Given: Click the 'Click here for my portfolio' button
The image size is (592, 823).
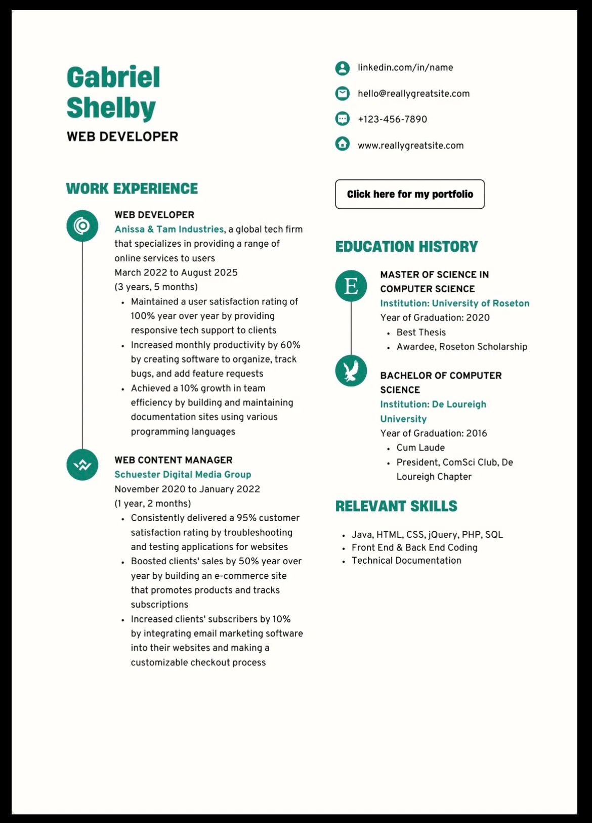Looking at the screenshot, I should [x=409, y=194].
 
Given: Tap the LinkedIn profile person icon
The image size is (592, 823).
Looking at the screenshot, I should [x=343, y=68].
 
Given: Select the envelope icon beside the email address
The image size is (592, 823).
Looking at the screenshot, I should [x=343, y=94].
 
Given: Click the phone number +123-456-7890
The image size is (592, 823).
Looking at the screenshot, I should [x=392, y=119].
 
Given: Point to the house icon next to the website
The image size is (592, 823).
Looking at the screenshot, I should [x=343, y=144].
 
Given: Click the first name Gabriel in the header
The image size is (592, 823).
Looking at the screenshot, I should [x=113, y=77].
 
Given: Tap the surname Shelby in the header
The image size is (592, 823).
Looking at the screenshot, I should [x=111, y=108].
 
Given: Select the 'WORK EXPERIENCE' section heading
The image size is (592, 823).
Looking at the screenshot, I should [x=132, y=189].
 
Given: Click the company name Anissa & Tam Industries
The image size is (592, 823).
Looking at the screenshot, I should [x=169, y=229].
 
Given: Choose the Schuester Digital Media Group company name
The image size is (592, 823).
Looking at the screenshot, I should [x=183, y=474].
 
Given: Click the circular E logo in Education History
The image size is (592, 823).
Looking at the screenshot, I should [x=351, y=286].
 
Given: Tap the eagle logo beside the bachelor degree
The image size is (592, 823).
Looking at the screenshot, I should [x=351, y=371].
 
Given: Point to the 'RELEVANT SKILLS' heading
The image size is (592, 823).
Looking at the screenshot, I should [x=396, y=506].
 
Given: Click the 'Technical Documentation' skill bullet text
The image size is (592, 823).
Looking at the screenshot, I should [x=406, y=560].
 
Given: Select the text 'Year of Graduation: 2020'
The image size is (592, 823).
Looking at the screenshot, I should [x=435, y=317].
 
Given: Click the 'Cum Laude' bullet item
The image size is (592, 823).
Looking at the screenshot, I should [x=420, y=447].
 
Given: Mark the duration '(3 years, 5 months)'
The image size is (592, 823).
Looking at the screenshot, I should [x=156, y=287].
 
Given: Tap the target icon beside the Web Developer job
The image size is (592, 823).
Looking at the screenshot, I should [x=82, y=225].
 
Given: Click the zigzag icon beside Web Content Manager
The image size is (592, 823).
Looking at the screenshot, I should [x=82, y=465].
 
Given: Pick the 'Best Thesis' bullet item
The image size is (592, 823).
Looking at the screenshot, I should [x=421, y=332].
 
